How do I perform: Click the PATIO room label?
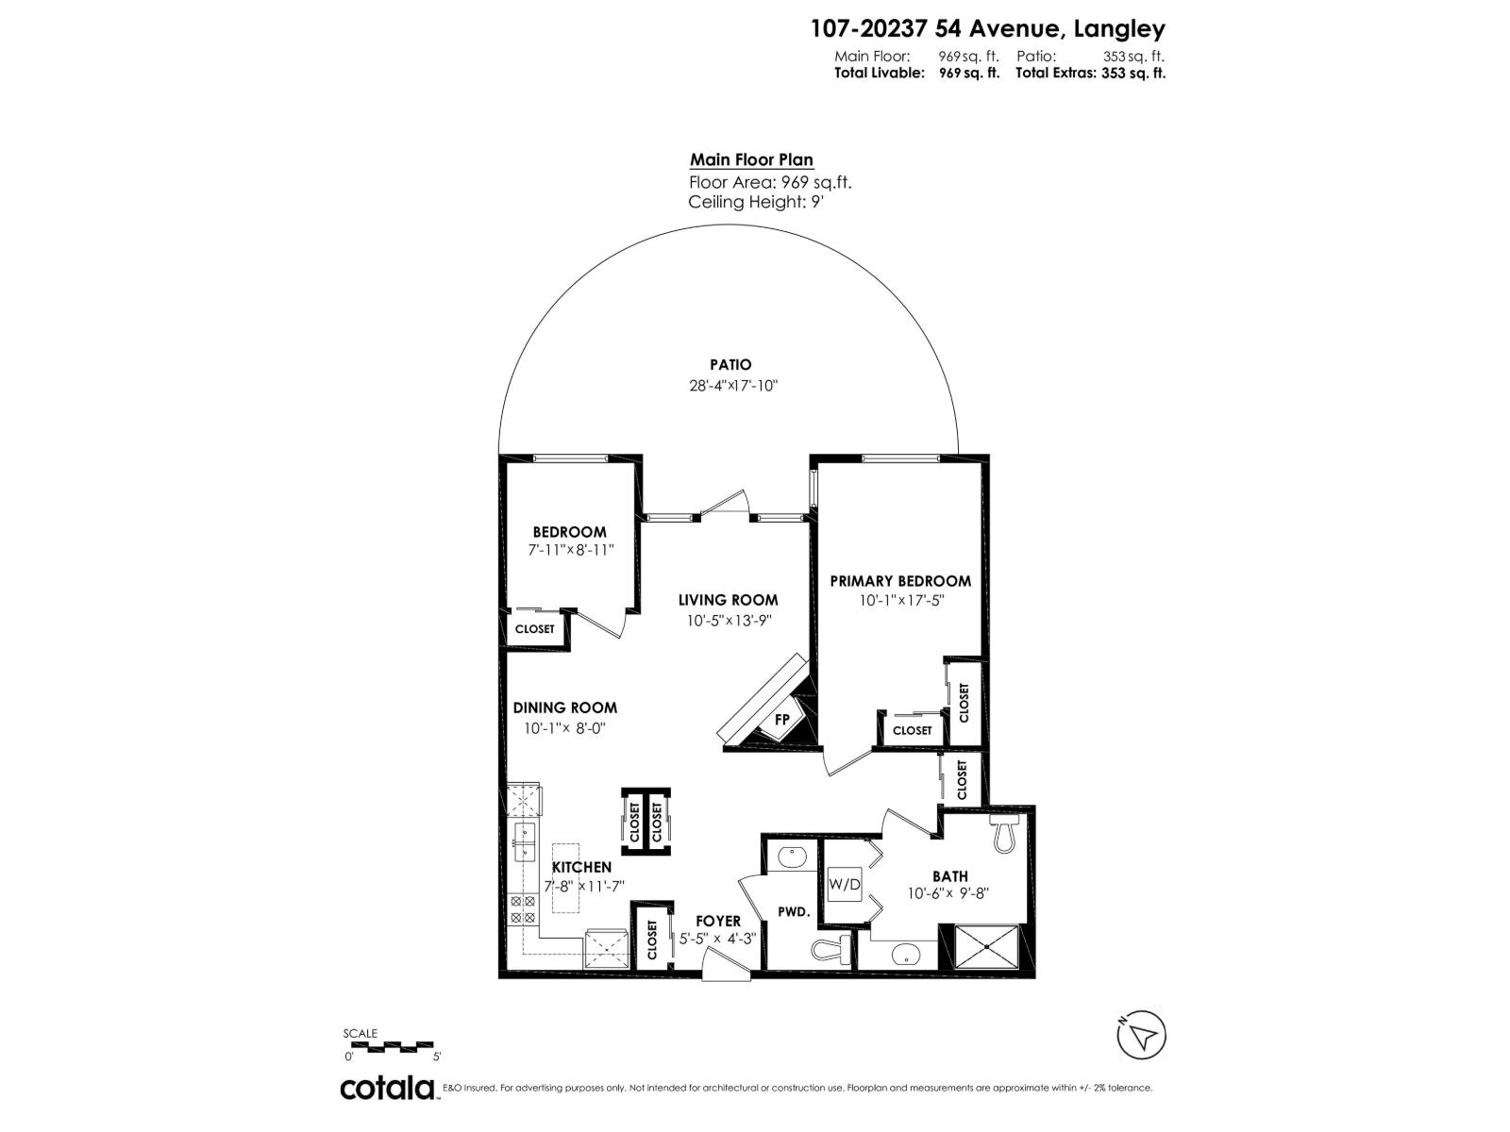pos(730,365)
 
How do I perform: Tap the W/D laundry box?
pos(845,884)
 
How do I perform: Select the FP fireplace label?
pos(781,720)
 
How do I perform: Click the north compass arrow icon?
pos(1142,1036)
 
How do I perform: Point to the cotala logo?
pos(387,1088)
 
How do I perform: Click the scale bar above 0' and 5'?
pos(388,1046)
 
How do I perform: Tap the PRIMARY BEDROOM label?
pos(900,581)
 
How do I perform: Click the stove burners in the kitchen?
pos(523,909)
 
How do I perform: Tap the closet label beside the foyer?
pos(652,939)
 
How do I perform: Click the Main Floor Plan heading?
pos(751,160)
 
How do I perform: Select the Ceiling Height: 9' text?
pos(758,203)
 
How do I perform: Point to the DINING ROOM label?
pos(564,707)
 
